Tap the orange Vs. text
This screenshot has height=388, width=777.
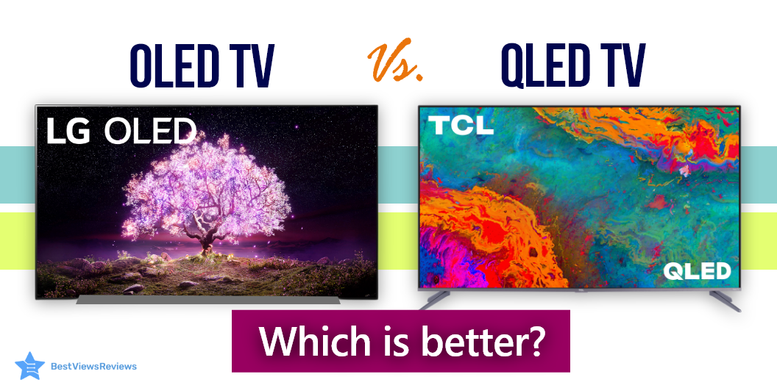[395, 63]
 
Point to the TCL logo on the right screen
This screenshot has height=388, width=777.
[461, 125]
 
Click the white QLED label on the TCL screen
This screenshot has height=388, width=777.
[696, 271]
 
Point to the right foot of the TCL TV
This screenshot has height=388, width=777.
[724, 300]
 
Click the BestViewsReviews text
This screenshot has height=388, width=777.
[93, 366]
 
